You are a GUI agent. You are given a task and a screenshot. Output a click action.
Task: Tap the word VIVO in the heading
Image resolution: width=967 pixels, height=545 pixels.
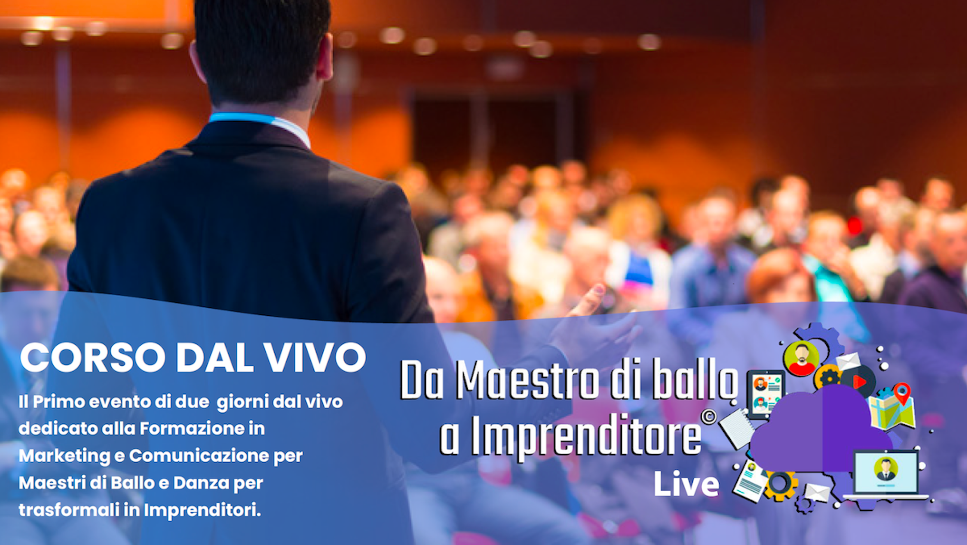(315, 357)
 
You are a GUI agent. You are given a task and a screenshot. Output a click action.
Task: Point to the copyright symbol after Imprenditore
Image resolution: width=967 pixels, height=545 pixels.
(708, 417)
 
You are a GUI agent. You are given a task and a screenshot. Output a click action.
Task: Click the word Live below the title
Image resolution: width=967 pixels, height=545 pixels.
(686, 484)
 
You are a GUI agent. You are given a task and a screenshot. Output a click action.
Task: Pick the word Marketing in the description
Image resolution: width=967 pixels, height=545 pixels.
(65, 456)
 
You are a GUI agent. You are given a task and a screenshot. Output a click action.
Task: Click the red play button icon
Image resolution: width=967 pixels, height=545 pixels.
(859, 381)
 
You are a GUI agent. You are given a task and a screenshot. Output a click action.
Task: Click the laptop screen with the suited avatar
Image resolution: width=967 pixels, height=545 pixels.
(886, 473)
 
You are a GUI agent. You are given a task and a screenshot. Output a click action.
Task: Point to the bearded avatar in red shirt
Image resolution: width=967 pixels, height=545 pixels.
(802, 359)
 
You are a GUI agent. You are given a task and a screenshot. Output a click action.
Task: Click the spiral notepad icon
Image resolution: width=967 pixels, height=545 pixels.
(737, 428)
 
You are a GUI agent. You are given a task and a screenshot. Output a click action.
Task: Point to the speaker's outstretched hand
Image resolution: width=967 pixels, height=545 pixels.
(599, 323)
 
